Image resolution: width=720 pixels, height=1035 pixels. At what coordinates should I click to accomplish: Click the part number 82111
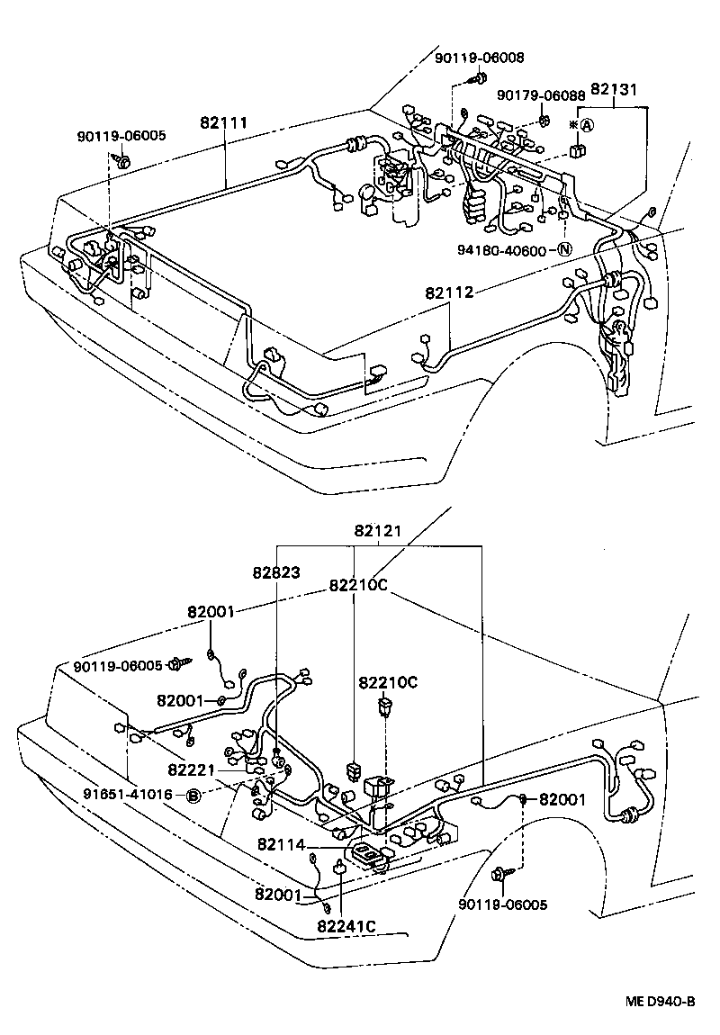point(224,123)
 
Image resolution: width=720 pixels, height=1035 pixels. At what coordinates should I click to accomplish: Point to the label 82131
point(615,90)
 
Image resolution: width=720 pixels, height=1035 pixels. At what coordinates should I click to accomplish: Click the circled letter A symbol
point(586,125)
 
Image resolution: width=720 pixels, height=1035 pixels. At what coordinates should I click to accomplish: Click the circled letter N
point(564,250)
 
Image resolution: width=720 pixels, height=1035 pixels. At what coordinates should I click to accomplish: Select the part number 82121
point(378,532)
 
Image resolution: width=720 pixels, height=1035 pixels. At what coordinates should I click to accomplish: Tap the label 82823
point(276,571)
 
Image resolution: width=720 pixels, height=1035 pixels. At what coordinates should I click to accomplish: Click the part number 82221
point(191,769)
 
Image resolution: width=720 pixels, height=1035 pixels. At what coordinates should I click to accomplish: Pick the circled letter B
point(193,796)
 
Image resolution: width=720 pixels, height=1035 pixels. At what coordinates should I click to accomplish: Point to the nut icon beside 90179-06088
point(544,119)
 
